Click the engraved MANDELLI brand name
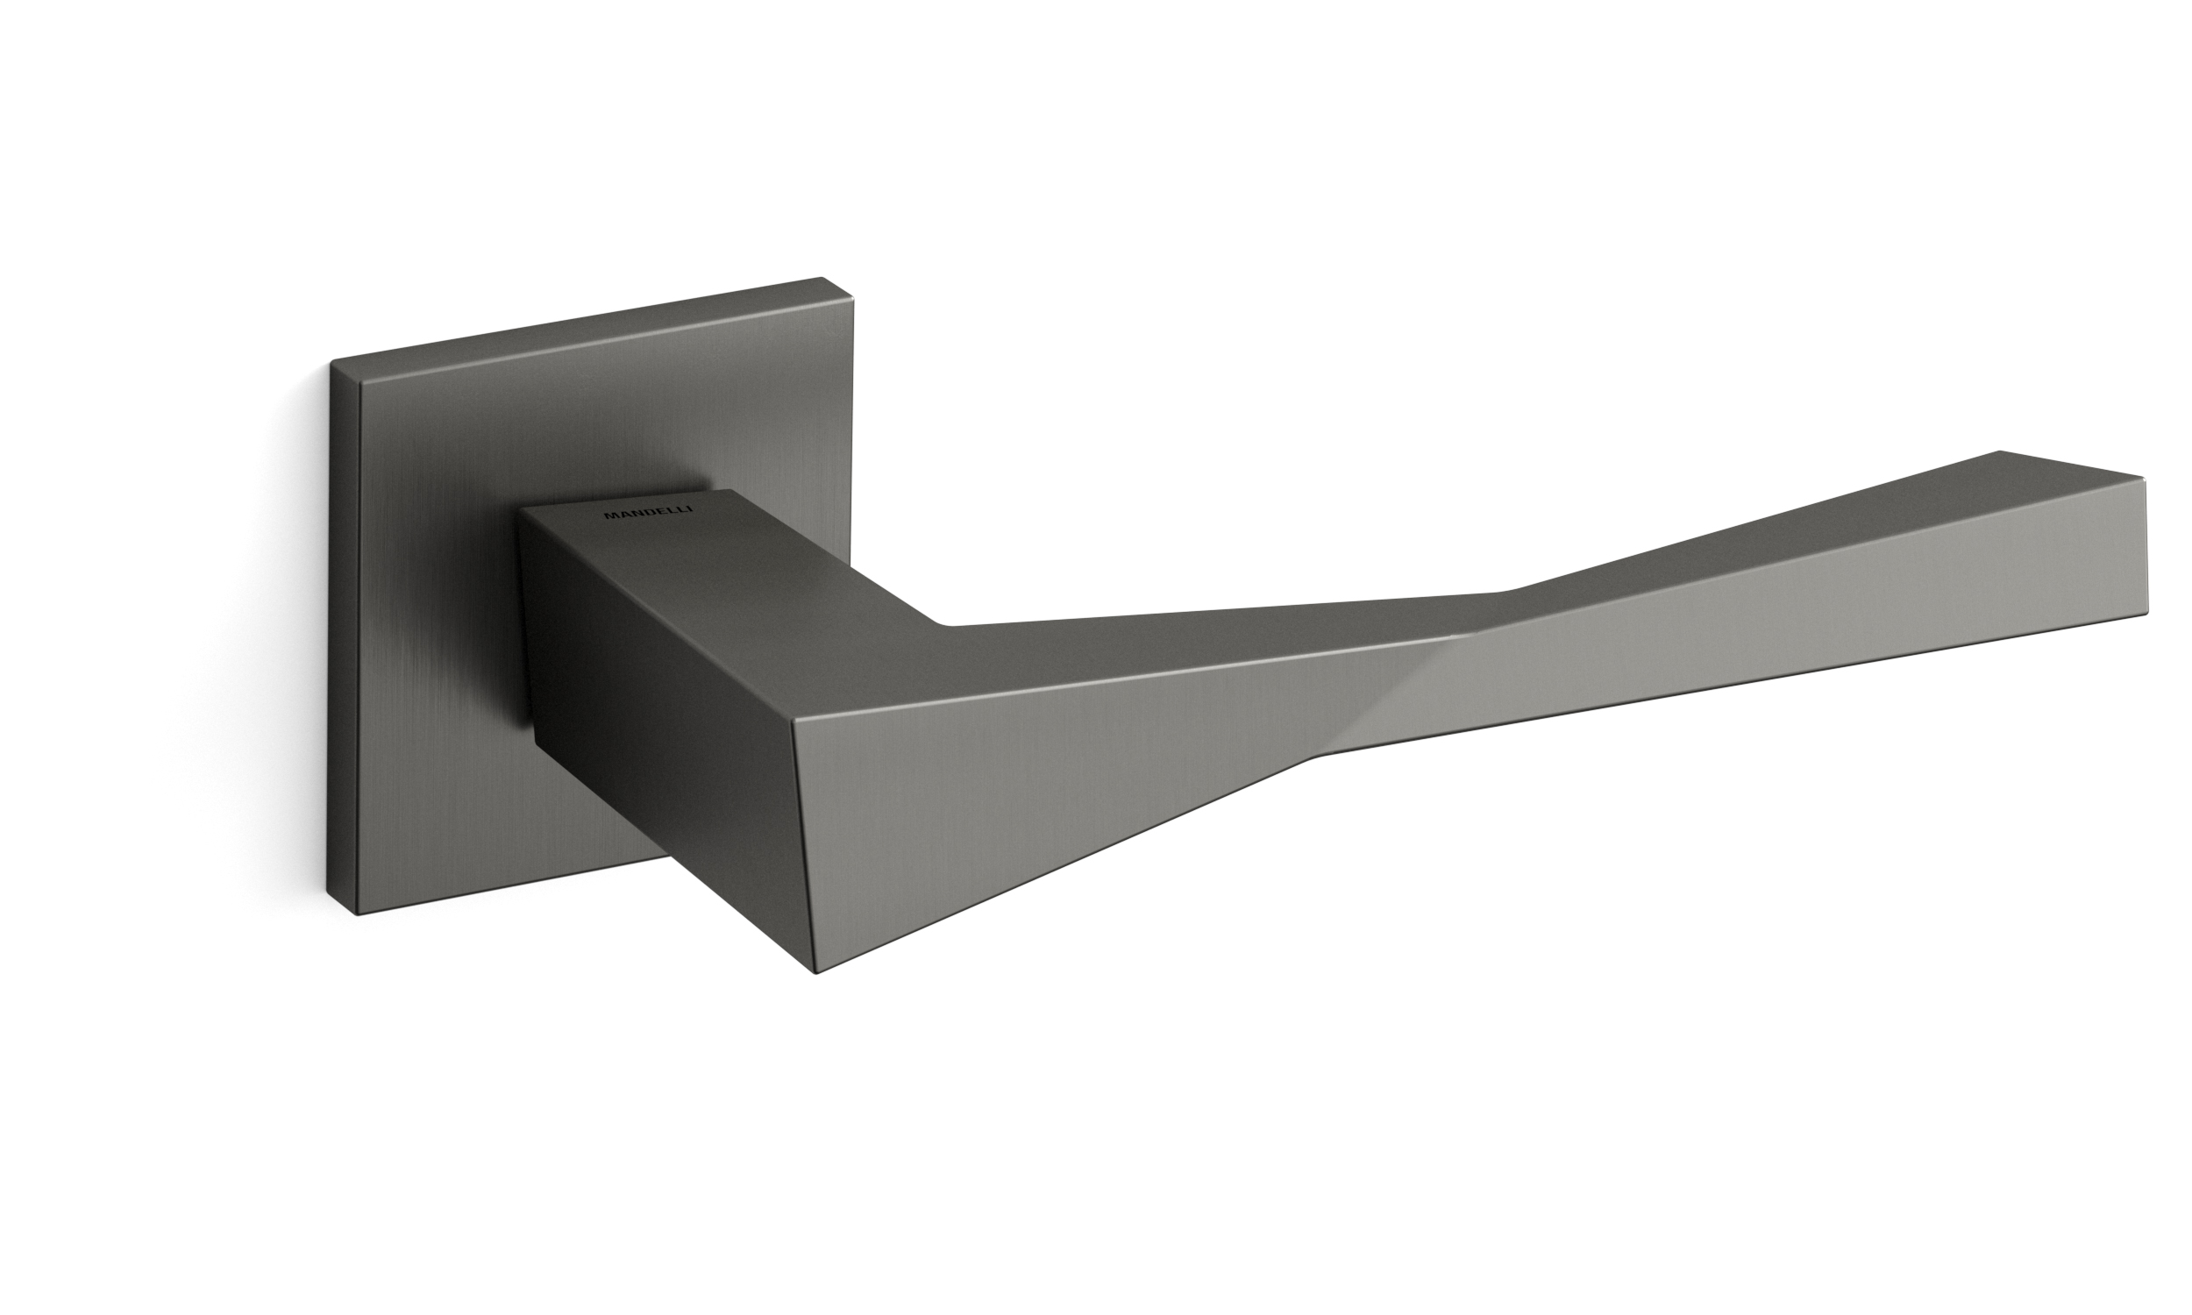coord(649,512)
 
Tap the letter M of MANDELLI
coord(609,515)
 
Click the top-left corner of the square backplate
coord(331,360)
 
